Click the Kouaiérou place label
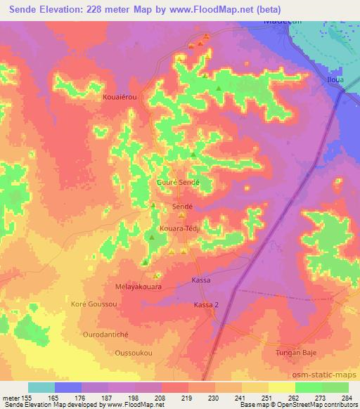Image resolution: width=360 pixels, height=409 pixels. click(x=120, y=98)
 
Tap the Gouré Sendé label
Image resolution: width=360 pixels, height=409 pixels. click(x=178, y=182)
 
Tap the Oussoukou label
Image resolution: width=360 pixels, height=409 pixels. click(x=131, y=351)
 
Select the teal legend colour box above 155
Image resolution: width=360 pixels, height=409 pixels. click(x=41, y=387)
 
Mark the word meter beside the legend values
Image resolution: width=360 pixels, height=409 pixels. click(x=13, y=397)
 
